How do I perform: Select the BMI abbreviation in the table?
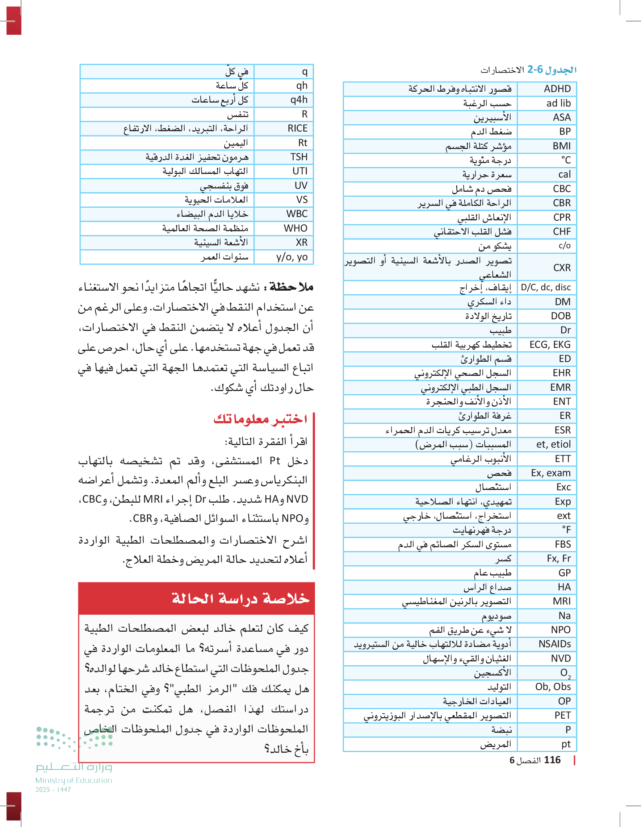coord(562,146)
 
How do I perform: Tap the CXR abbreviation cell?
coord(562,268)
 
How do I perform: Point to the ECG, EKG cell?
coord(550,345)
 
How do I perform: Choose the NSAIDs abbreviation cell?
coord(554,644)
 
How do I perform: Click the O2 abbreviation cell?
coord(565,673)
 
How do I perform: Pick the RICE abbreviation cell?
coord(297,128)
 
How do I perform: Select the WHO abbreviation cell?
coord(296,228)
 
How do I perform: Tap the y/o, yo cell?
coord(292,257)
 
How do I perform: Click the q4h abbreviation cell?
coord(299,100)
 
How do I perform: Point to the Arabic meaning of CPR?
coord(484,217)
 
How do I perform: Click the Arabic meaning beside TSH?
coord(197,157)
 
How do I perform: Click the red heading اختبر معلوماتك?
coord(260,419)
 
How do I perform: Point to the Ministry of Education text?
coord(74,780)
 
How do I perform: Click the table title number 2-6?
coord(535,69)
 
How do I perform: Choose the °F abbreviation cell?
coord(566,530)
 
